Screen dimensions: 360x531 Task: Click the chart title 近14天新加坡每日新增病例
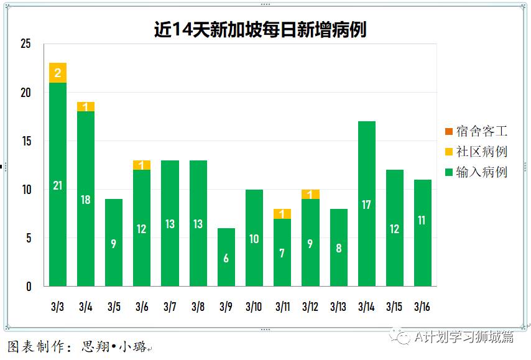pyautogui.click(x=260, y=29)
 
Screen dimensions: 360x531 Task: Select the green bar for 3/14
pyautogui.click(x=366, y=203)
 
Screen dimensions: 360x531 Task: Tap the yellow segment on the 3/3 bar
pyautogui.click(x=58, y=73)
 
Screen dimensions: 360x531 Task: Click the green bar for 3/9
pyautogui.click(x=226, y=257)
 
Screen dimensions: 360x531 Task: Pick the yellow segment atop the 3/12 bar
pyautogui.click(x=310, y=194)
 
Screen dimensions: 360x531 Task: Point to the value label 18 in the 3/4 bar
pyautogui.click(x=86, y=200)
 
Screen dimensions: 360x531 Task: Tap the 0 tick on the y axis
pyautogui.click(x=28, y=287)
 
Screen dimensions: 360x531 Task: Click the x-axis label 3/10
pyautogui.click(x=254, y=307)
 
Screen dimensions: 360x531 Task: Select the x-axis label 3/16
pyautogui.click(x=422, y=307)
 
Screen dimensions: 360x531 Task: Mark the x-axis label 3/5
pyautogui.click(x=114, y=307)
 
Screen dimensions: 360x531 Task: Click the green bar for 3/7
pyautogui.click(x=170, y=223)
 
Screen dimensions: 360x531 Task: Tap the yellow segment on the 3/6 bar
pyautogui.click(x=142, y=165)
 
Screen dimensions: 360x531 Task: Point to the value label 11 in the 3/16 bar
pyautogui.click(x=422, y=220)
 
